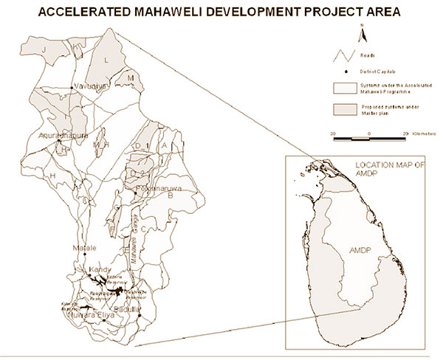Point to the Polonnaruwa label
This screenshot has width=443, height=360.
coord(154,189)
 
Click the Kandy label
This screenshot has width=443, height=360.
coord(99,271)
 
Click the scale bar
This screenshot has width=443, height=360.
coord(368,138)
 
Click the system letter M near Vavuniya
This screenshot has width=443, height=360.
coord(130,77)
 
